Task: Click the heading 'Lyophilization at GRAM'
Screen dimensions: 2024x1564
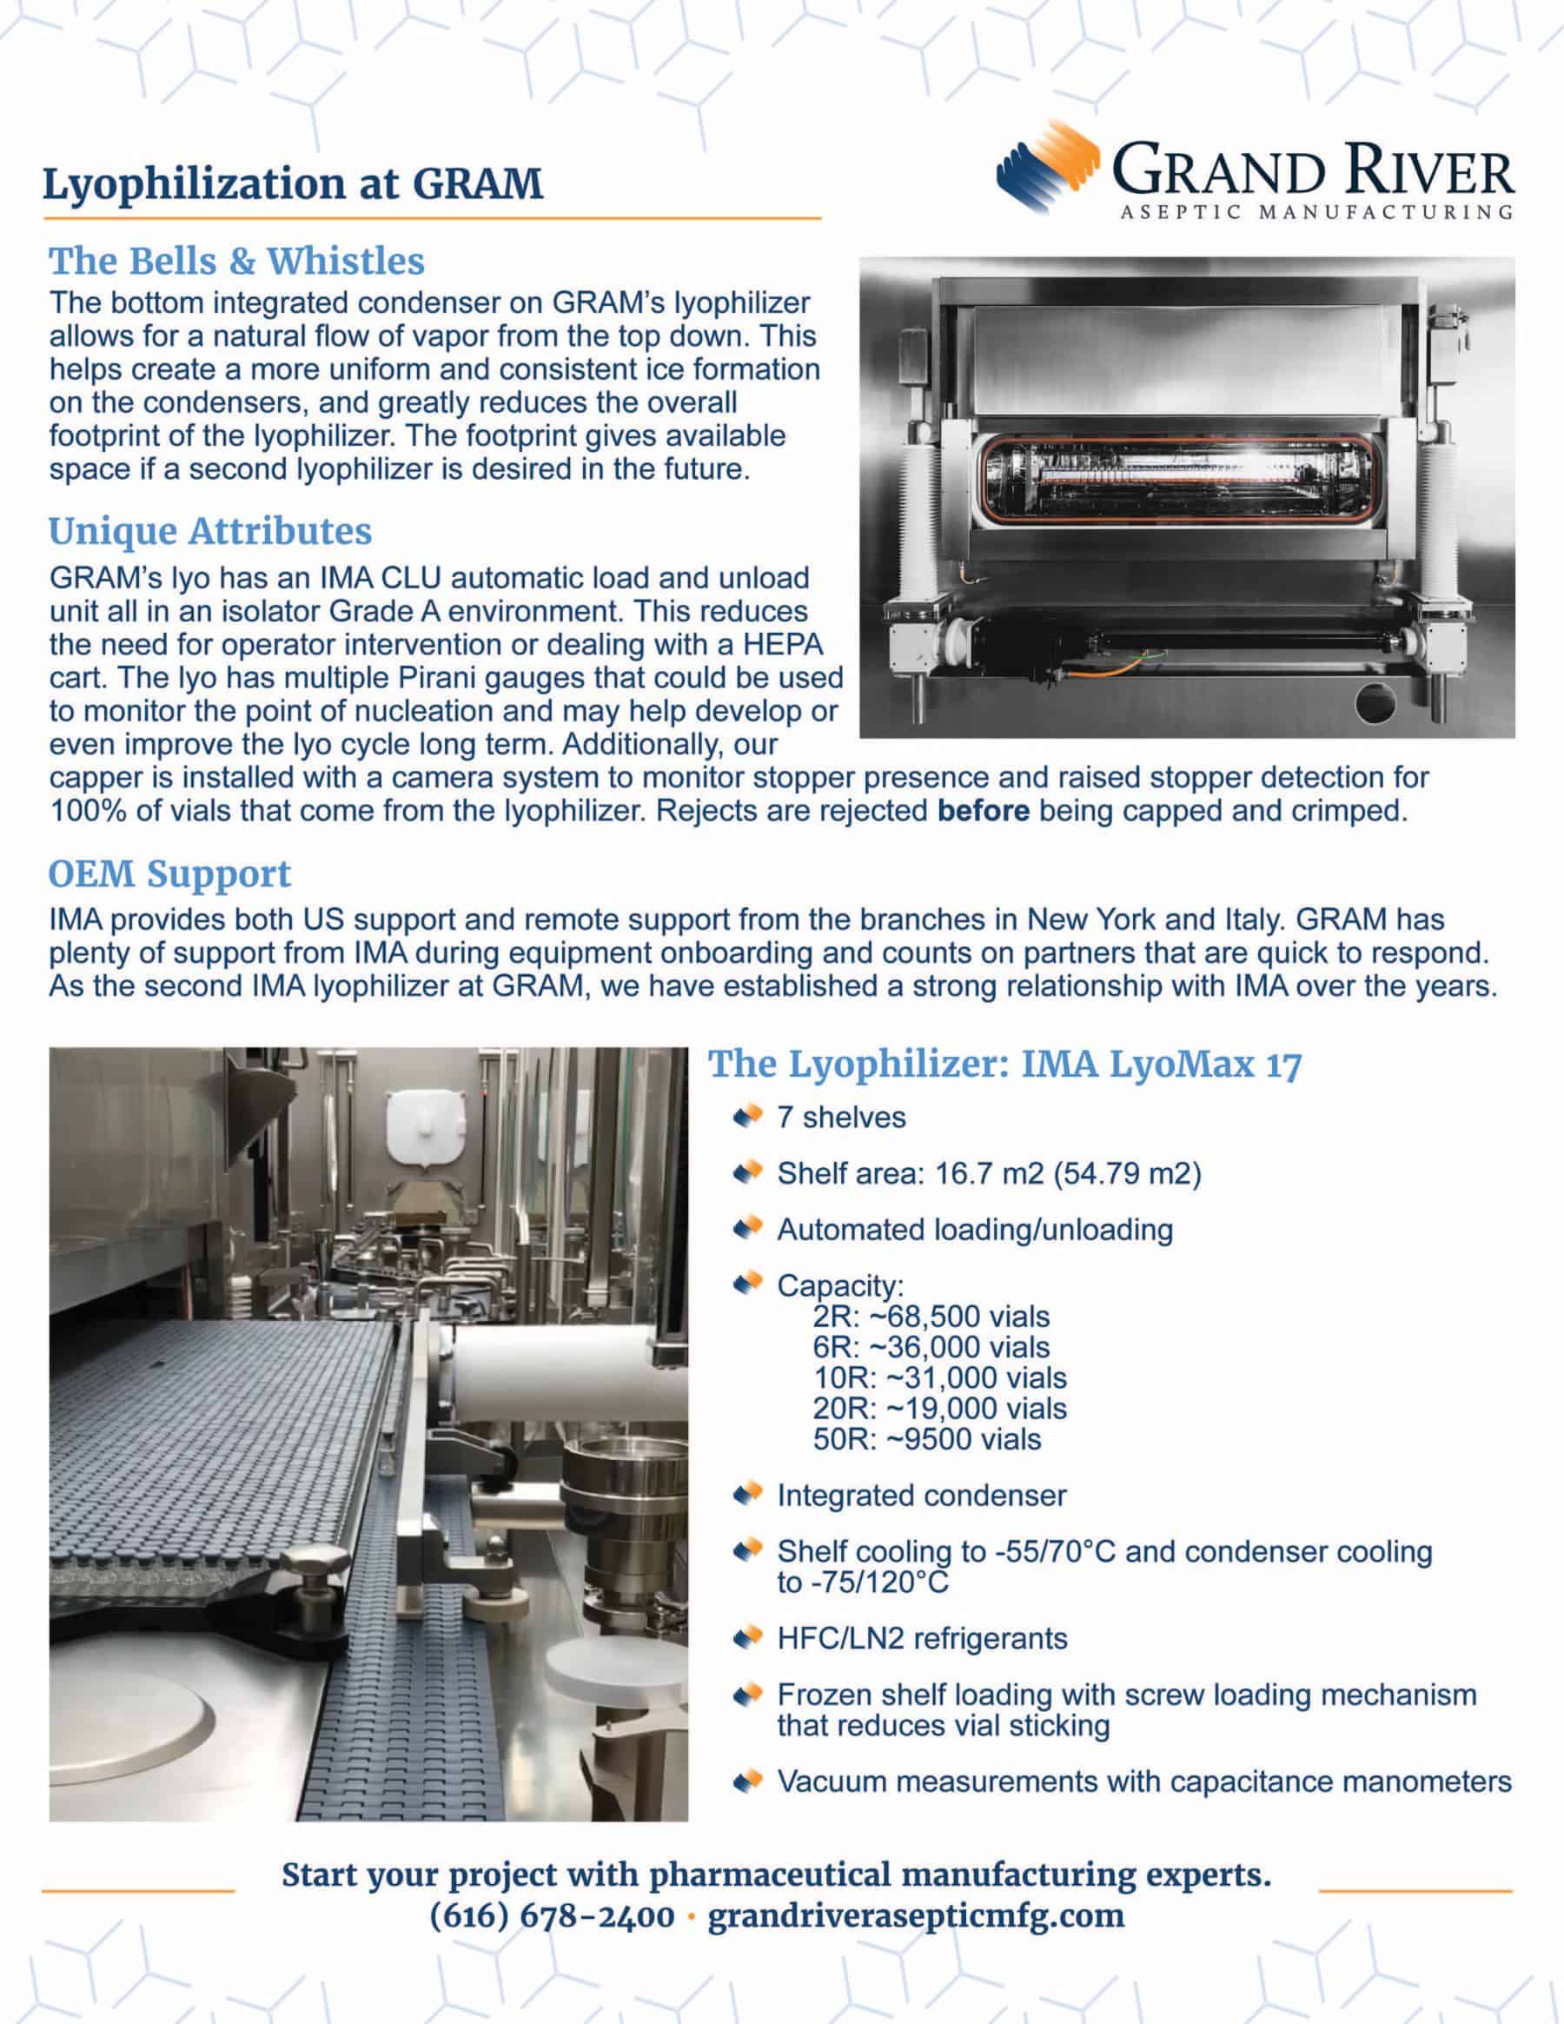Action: [x=293, y=183]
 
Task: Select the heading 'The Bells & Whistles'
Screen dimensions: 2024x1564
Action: [x=236, y=262]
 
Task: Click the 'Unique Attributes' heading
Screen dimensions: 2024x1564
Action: [x=210, y=531]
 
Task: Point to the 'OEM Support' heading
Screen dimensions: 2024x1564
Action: [x=169, y=873]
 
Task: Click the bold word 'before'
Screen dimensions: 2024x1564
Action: [x=982, y=811]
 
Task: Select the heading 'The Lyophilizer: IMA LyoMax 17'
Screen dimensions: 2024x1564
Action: [x=1004, y=1064]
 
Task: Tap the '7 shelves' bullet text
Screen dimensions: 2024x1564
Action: [x=840, y=1117]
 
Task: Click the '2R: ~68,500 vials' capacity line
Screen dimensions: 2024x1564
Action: [x=931, y=1316]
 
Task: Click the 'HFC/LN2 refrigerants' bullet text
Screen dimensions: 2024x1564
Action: [x=922, y=1637]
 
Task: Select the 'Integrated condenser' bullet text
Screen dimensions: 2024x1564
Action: [x=921, y=1495]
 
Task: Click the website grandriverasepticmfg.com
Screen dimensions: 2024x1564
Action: [x=916, y=1915]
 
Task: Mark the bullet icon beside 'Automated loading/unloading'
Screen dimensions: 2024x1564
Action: [x=746, y=1229]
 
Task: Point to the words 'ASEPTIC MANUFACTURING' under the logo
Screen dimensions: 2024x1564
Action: [x=1316, y=212]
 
